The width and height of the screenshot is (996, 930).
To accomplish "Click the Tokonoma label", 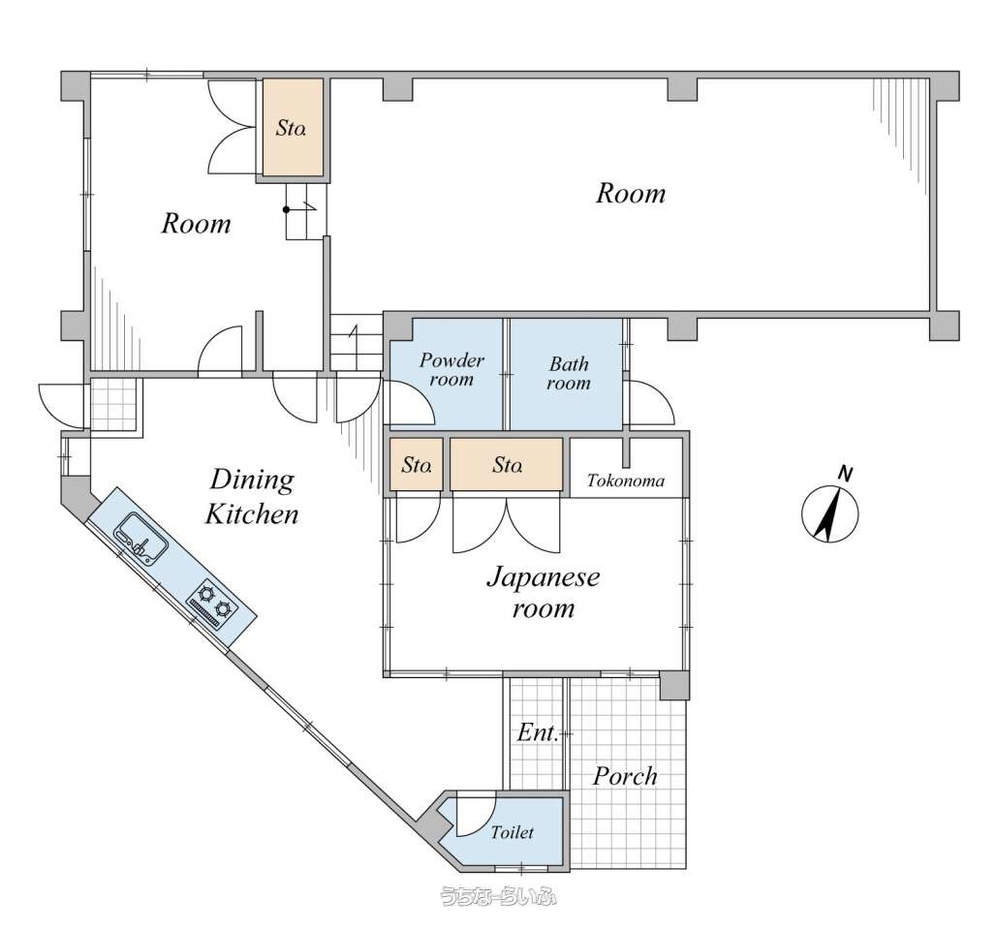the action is pyautogui.click(x=626, y=480).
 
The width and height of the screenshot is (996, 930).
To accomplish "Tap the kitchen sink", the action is pyautogui.click(x=141, y=538).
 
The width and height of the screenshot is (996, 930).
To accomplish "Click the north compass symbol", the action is pyautogui.click(x=829, y=513).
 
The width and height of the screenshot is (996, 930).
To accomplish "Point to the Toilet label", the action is pyautogui.click(x=512, y=831).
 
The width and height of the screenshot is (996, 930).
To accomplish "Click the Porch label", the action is pyautogui.click(x=625, y=776).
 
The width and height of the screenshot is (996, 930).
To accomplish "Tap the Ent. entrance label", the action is pyautogui.click(x=538, y=732).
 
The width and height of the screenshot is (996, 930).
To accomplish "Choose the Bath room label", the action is pyautogui.click(x=569, y=374).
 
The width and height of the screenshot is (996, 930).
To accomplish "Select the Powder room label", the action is pyautogui.click(x=451, y=370).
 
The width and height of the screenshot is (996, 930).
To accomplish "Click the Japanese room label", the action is pyautogui.click(x=544, y=593).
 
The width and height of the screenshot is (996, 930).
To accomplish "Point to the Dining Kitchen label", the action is pyautogui.click(x=252, y=496).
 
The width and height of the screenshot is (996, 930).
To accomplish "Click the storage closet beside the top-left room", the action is pyautogui.click(x=293, y=128).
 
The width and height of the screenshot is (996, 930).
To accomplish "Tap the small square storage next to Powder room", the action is pyautogui.click(x=416, y=464).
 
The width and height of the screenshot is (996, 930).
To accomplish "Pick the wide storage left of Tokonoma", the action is pyautogui.click(x=507, y=464).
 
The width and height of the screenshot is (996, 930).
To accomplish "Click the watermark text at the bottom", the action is pyautogui.click(x=499, y=896).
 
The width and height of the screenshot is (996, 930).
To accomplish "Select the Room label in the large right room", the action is pyautogui.click(x=631, y=193).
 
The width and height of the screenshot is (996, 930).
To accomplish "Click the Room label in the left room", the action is pyautogui.click(x=196, y=224).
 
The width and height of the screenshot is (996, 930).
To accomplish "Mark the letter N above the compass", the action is pyautogui.click(x=845, y=474).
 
